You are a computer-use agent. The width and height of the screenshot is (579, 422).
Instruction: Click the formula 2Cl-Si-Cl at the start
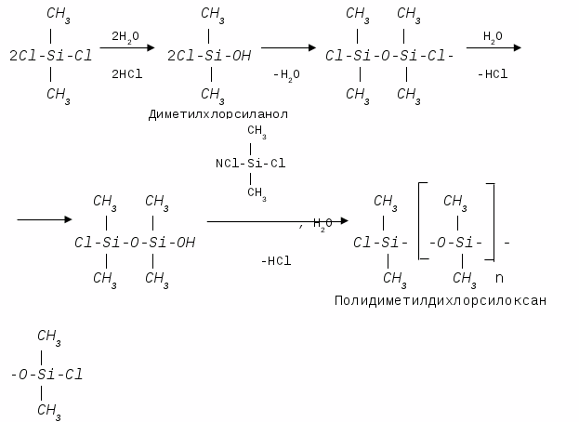(50, 55)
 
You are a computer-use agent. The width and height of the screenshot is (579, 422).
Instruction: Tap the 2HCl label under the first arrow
(125, 73)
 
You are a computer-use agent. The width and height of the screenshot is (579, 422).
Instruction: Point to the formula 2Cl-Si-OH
(208, 55)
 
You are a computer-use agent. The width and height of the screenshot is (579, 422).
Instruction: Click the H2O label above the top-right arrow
(492, 35)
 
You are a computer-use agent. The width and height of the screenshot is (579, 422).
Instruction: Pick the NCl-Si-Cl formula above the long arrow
(250, 164)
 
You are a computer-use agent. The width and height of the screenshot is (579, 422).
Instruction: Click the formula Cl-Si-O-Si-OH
(135, 242)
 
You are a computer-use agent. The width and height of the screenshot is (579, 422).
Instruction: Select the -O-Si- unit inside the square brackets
(455, 243)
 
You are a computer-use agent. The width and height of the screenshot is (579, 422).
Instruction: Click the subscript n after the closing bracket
(499, 277)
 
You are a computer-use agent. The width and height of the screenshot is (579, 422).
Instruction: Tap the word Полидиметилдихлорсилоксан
(440, 300)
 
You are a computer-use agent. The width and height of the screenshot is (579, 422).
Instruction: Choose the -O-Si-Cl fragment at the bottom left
(46, 376)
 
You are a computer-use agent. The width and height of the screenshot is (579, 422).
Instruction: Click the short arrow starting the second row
(45, 219)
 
